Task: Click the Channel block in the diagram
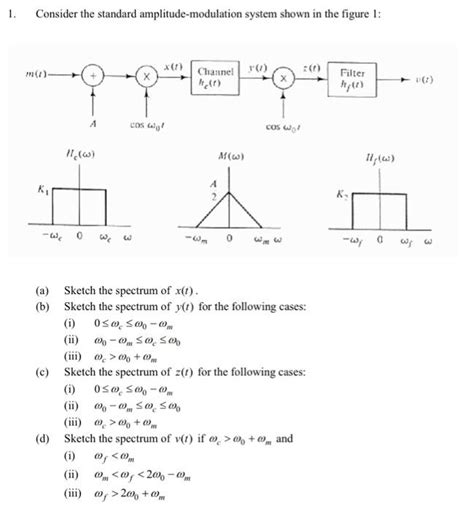point(215,76)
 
